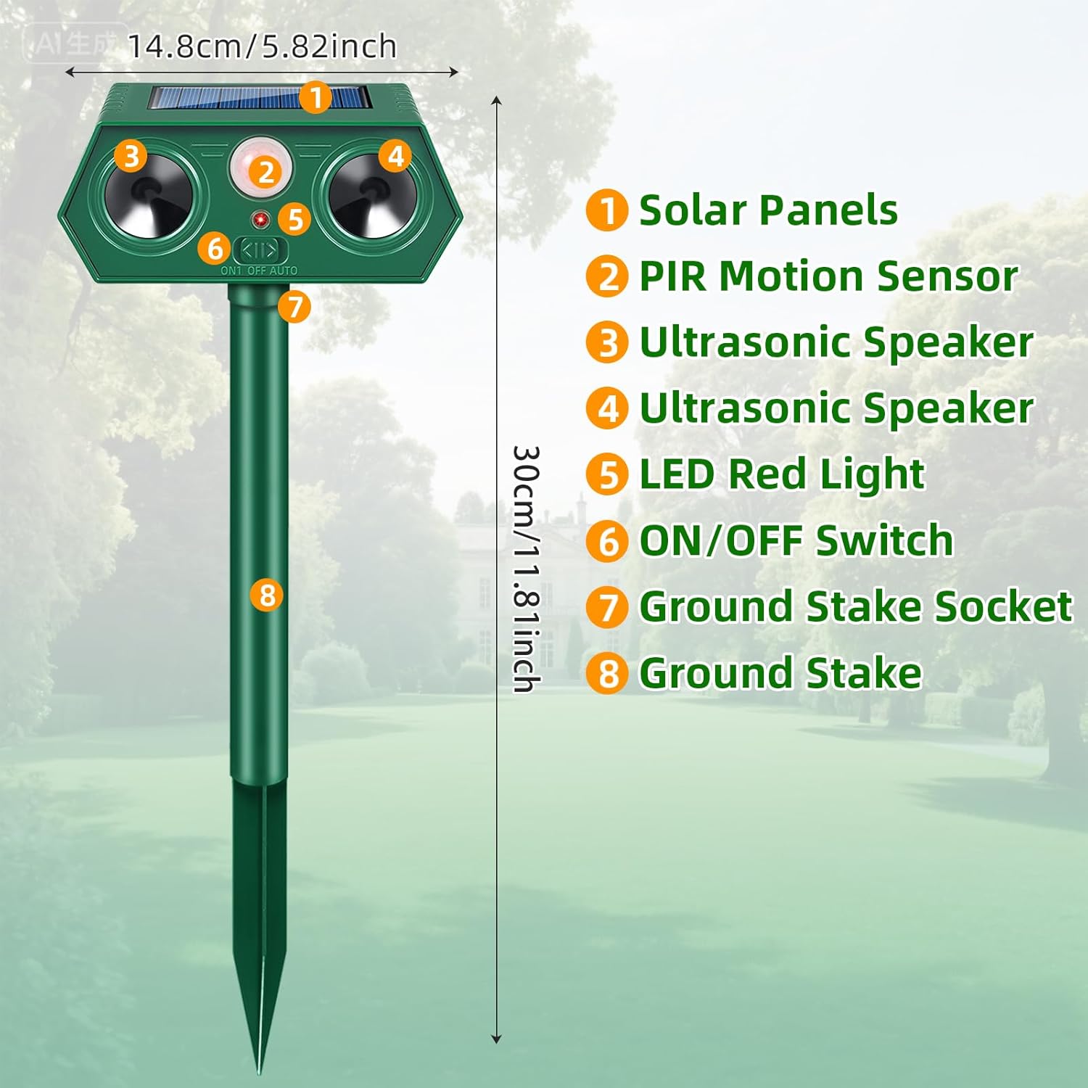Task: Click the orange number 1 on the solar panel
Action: point(316,97)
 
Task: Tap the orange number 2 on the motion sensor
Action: point(266,172)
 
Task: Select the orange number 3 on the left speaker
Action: point(131,156)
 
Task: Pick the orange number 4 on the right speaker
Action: point(395,156)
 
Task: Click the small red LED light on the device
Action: point(259,218)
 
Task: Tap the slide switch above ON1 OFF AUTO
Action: point(260,251)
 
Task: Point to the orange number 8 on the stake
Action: point(267,595)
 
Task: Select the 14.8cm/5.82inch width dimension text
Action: point(262,47)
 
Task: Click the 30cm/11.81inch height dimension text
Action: point(526,569)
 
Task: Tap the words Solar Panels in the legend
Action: point(768,210)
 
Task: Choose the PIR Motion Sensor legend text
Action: point(828,276)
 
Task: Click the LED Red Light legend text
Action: point(781,474)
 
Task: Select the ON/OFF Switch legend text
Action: point(796,540)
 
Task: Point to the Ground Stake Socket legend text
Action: point(855,606)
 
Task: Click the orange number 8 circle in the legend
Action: point(607,673)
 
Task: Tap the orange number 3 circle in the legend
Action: point(607,343)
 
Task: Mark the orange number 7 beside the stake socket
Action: point(294,307)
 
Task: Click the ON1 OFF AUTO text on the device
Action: point(259,271)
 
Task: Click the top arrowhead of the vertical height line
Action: point(497,100)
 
